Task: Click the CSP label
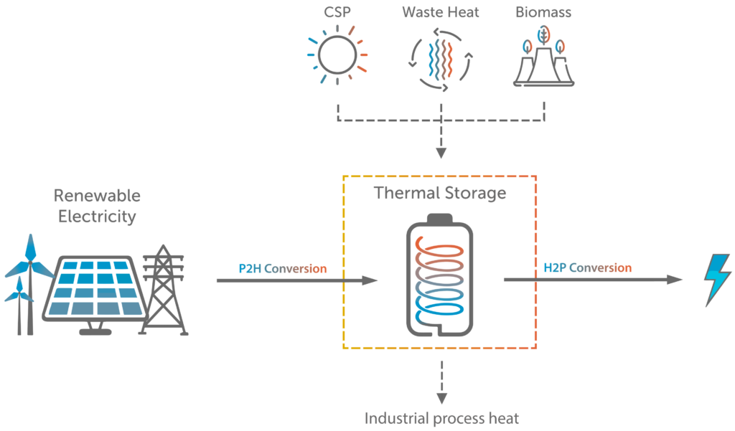337,12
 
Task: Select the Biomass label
544,12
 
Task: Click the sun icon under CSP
337,55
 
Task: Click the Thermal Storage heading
440,193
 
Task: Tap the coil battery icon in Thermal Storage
440,277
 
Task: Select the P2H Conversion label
283,269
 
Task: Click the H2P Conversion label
588,268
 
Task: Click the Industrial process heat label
441,418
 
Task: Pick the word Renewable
97,196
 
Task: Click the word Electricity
97,217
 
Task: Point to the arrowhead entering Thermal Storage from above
441,153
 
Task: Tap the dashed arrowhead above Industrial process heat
441,398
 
